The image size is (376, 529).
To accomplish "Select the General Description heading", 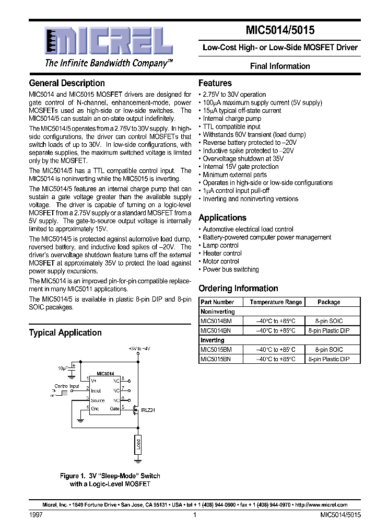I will (67, 83).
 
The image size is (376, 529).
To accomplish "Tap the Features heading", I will (215, 83).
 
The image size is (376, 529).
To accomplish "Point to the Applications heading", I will (222, 218).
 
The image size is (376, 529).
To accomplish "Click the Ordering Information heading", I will (238, 289).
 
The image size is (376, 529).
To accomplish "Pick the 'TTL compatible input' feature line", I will (231, 126).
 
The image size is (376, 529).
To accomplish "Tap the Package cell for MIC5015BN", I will (328, 359).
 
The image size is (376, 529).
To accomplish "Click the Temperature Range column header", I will (275, 302).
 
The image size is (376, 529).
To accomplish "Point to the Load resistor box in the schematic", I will (138, 445).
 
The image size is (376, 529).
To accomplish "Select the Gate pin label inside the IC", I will (114, 408).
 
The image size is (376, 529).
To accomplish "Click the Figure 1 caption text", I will (110, 480).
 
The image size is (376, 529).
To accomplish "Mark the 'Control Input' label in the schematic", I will (67, 387).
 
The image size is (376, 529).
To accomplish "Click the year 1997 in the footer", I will (36, 515).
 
